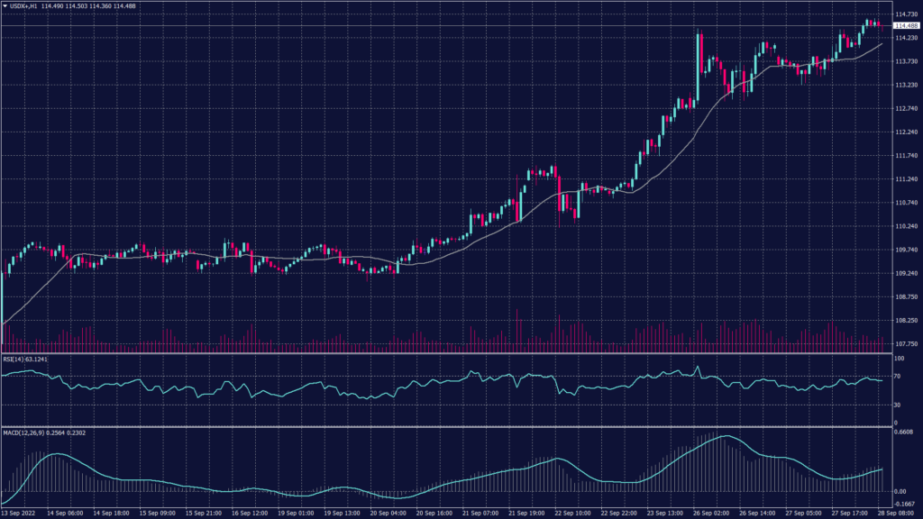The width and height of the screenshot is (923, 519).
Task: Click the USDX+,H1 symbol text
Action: point(24,6)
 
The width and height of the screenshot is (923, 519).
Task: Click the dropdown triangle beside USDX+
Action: point(5,6)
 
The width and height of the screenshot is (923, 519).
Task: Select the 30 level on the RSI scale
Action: point(898,405)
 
